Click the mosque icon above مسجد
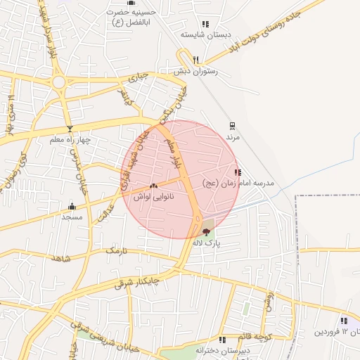pyautogui.click(x=72, y=206)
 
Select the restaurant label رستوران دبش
pyautogui.click(x=195, y=71)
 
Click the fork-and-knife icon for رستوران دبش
pyautogui.click(x=195, y=60)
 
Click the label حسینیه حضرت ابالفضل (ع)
pyautogui.click(x=127, y=16)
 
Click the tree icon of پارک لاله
pyautogui.click(x=206, y=232)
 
